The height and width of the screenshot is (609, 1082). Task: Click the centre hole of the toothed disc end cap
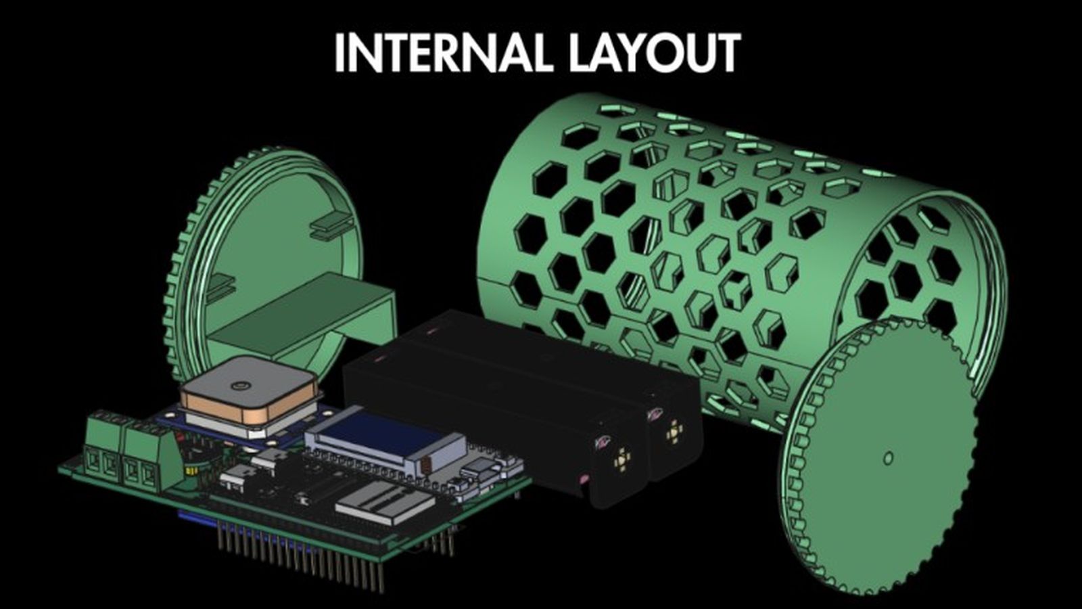click(x=889, y=457)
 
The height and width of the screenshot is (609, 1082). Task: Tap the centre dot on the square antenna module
click(x=239, y=385)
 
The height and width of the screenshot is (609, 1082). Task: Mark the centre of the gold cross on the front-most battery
click(x=622, y=459)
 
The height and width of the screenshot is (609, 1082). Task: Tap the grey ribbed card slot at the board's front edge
click(x=381, y=503)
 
